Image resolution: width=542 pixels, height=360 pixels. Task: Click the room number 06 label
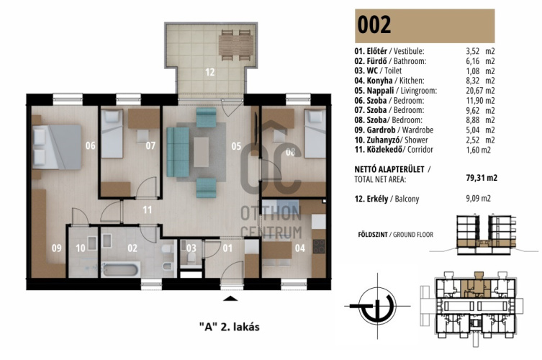pyautogui.click(x=91, y=145)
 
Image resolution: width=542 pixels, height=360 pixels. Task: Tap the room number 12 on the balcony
pyautogui.click(x=209, y=72)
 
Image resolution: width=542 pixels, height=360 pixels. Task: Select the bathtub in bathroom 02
pyautogui.click(x=121, y=269)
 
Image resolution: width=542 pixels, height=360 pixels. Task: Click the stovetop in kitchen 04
pyautogui.click(x=319, y=246)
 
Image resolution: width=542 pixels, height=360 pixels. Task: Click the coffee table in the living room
pyautogui.click(x=201, y=152)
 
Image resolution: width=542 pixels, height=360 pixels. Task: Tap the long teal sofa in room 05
pyautogui.click(x=178, y=152)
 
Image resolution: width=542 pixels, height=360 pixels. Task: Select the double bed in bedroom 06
pyautogui.click(x=57, y=147)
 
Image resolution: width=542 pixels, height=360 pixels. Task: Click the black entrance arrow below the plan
pyautogui.click(x=230, y=299)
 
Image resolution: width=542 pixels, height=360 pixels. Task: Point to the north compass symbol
pyautogui.click(x=377, y=306)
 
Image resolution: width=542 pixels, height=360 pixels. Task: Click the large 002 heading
pyautogui.click(x=374, y=25)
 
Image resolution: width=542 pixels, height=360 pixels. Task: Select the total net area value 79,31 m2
pyautogui.click(x=482, y=178)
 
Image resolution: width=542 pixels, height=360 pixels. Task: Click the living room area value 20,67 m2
pyautogui.click(x=480, y=91)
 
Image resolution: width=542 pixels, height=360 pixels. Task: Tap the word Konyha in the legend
pyautogui.click(x=379, y=81)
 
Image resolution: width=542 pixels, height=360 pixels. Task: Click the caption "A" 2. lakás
pyautogui.click(x=230, y=327)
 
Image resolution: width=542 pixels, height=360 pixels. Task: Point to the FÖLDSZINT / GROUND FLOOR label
pyautogui.click(x=395, y=235)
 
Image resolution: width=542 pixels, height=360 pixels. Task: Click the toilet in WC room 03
pyautogui.click(x=191, y=257)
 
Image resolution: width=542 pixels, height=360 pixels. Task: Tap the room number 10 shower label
pyautogui.click(x=81, y=248)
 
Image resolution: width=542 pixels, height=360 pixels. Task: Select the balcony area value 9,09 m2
pyautogui.click(x=478, y=199)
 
